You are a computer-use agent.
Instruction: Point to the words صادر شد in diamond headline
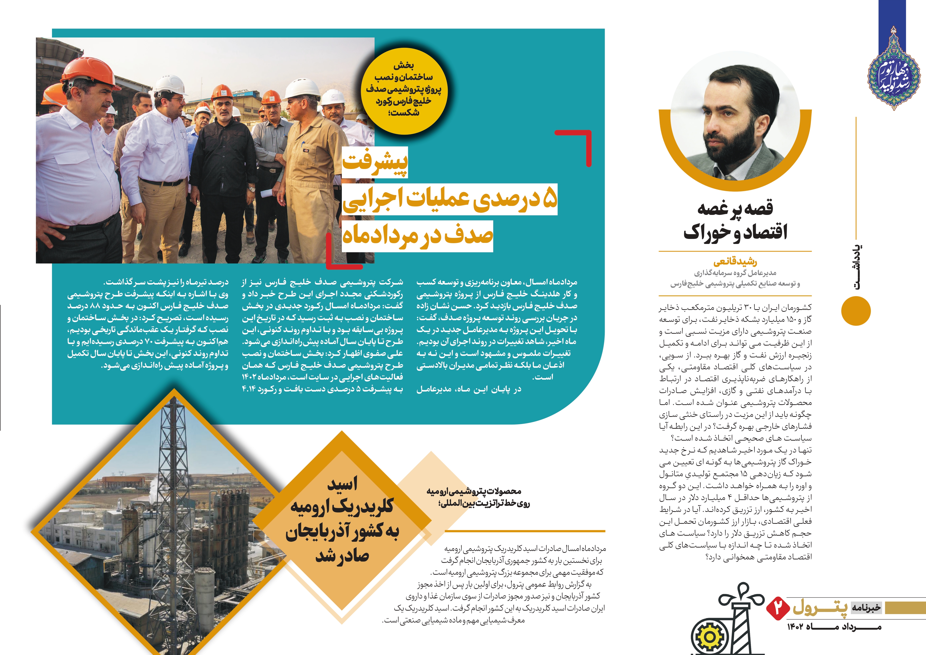click(x=342, y=556)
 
